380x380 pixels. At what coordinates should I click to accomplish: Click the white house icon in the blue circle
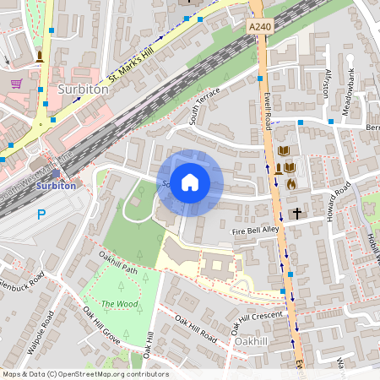tap(190, 182)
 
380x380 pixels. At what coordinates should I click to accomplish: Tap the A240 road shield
tap(261, 28)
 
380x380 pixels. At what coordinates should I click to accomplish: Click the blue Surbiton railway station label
tap(57, 185)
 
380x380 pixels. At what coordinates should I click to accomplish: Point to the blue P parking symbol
tap(41, 215)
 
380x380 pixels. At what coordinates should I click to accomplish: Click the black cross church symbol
tap(296, 214)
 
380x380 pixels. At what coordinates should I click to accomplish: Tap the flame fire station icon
tap(291, 182)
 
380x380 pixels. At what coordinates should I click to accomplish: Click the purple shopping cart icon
tap(17, 84)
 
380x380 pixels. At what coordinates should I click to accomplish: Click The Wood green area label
tap(119, 303)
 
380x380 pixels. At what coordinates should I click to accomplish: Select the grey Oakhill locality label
tap(251, 341)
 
